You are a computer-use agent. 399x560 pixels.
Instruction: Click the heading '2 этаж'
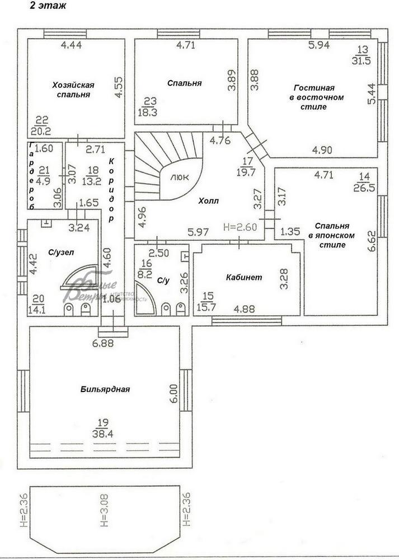point(48,7)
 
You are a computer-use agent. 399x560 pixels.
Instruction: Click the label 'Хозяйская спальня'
point(73,90)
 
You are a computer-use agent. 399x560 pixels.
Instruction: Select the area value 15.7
point(208,306)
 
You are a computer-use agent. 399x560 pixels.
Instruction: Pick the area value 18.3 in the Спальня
point(150,112)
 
